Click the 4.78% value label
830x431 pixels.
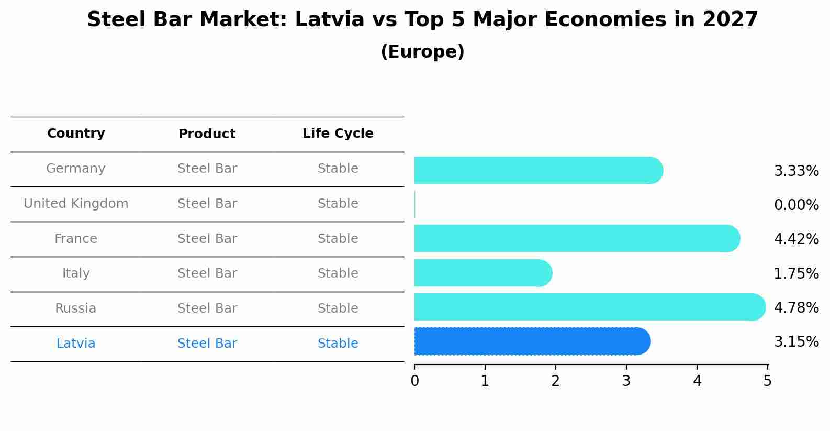[796, 307]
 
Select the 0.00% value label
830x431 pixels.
[796, 205]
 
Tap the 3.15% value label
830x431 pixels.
[796, 341]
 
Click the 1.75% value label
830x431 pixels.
[796, 273]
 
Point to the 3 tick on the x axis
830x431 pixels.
[626, 381]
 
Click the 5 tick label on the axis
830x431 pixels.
[767, 381]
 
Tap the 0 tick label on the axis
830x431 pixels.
[414, 381]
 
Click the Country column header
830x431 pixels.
[76, 134]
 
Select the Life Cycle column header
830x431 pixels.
[338, 134]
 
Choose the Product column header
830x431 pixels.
[207, 134]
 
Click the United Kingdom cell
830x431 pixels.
[76, 204]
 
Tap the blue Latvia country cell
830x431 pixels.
[76, 344]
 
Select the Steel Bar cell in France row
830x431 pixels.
[207, 239]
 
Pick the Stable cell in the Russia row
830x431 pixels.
[338, 308]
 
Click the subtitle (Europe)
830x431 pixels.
[422, 52]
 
